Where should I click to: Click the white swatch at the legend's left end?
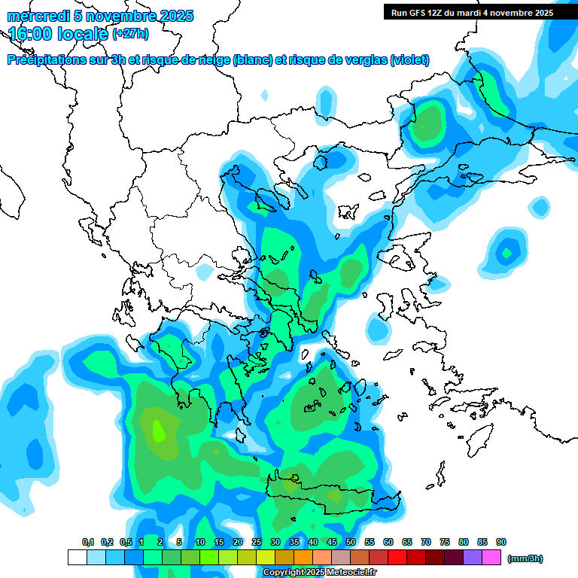point(78,557)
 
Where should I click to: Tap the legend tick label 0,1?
point(88,543)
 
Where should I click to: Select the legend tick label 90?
point(501,543)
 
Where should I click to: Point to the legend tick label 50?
point(351,543)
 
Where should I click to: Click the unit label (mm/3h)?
point(525,558)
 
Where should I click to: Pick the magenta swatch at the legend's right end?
point(492,557)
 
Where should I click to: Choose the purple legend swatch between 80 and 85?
point(473,557)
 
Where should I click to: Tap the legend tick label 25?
point(257,543)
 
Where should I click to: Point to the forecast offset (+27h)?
point(130,34)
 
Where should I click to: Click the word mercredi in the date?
point(33,16)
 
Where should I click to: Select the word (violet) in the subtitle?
point(410,60)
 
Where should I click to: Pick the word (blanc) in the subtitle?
point(253,60)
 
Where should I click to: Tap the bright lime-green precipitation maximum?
point(159,431)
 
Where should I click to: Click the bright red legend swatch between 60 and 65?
point(398,557)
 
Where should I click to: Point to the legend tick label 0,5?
point(126,543)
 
